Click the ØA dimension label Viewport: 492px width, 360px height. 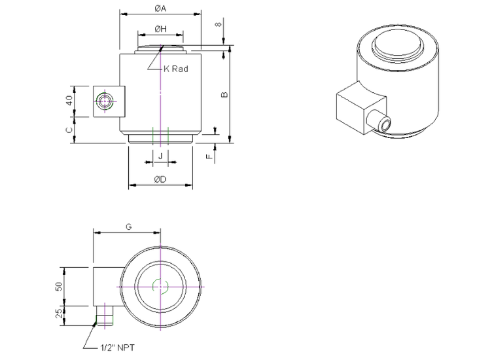coord(160,9)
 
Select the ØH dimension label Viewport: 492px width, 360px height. coord(160,29)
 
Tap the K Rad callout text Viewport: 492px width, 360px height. coord(176,69)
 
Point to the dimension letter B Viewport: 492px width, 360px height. coord(224,94)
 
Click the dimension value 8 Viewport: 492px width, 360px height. coord(219,24)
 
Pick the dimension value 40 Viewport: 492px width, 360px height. coord(69,100)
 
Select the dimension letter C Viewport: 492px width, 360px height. coord(69,130)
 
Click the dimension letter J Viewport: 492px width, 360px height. coord(160,156)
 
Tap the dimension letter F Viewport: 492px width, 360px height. coord(209,155)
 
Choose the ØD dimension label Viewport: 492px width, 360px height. coord(160,179)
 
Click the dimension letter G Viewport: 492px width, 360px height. coord(128,226)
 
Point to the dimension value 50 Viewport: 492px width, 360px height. coord(59,286)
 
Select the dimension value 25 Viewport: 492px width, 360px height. coord(59,314)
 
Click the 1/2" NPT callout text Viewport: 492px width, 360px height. coord(117,348)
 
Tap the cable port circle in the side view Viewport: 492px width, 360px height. coord(105,101)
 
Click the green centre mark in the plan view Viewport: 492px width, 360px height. coord(160,286)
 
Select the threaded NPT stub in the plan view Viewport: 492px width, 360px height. coord(105,315)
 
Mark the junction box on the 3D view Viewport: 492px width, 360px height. coord(361,107)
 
